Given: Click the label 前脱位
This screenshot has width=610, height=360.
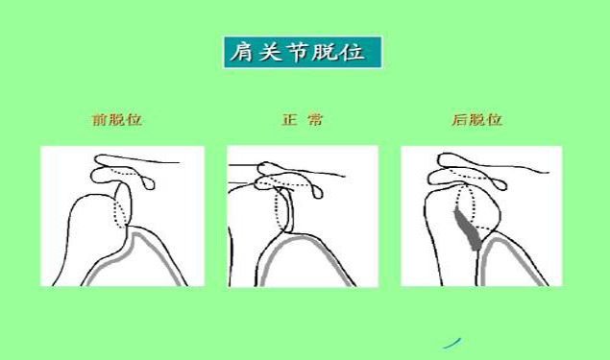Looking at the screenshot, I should coord(116,121).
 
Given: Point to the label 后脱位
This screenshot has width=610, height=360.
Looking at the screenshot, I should coord(477,121).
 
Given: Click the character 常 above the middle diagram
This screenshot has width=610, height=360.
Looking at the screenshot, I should coord(315,121).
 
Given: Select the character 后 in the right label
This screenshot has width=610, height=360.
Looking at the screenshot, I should coord(460,121).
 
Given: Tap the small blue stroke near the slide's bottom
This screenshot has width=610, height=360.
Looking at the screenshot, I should coord(451,341).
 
